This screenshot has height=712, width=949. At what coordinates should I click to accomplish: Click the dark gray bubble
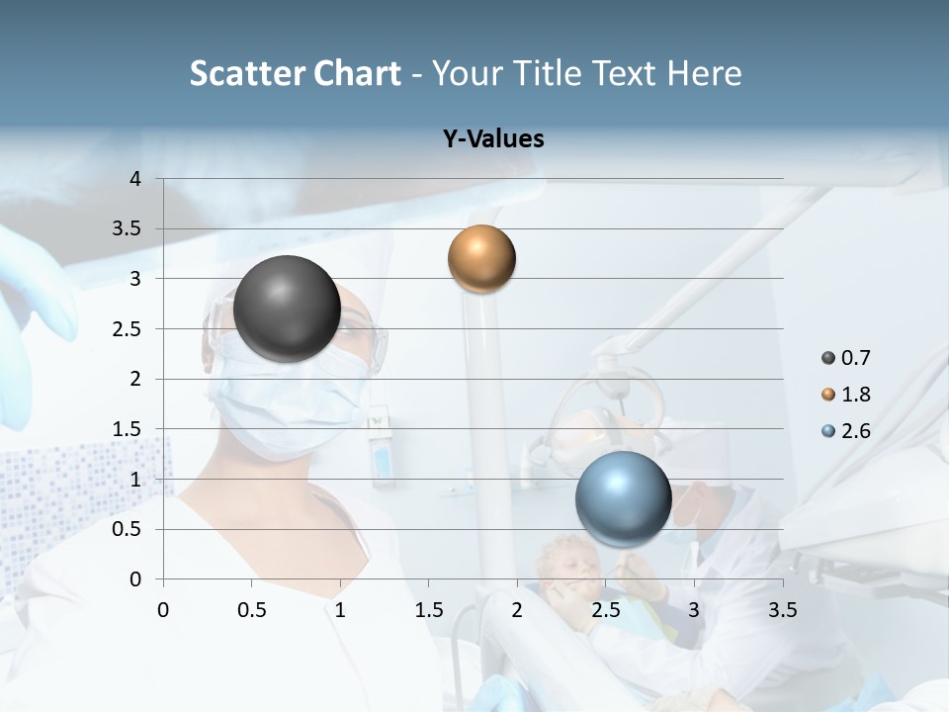(287, 309)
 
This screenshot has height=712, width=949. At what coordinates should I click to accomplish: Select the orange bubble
(481, 259)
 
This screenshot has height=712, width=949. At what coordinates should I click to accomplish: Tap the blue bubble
(623, 498)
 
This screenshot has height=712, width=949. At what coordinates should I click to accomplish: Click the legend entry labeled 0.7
(846, 358)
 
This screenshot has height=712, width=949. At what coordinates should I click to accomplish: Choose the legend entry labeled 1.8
(846, 395)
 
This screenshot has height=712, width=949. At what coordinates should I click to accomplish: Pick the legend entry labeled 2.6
(846, 431)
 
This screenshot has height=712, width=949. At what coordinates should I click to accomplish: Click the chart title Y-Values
(493, 139)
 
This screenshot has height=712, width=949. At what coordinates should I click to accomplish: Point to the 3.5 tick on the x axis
(782, 610)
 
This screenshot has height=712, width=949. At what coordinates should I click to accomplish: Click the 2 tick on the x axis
(517, 610)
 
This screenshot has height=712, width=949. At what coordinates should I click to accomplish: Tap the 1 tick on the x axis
(340, 610)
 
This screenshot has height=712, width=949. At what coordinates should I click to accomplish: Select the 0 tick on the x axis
(163, 610)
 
